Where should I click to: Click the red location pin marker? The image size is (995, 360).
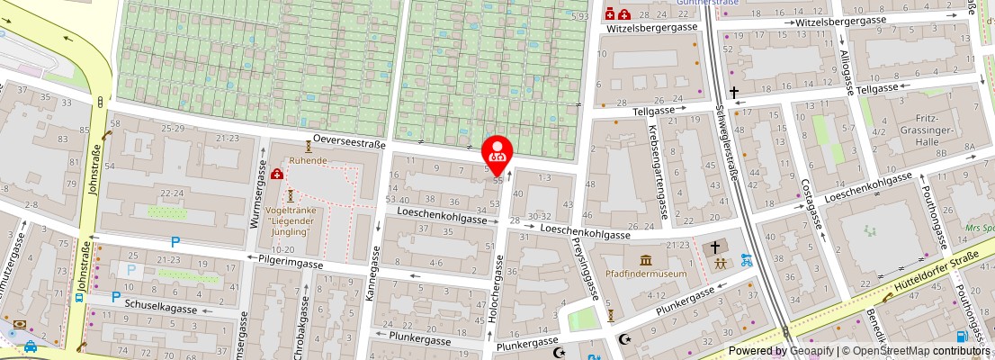tap(497, 151)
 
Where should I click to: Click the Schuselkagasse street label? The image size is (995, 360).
tap(161, 309)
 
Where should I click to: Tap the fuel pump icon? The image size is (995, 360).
tap(963, 337)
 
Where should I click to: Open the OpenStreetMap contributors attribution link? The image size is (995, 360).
tap(915, 351)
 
